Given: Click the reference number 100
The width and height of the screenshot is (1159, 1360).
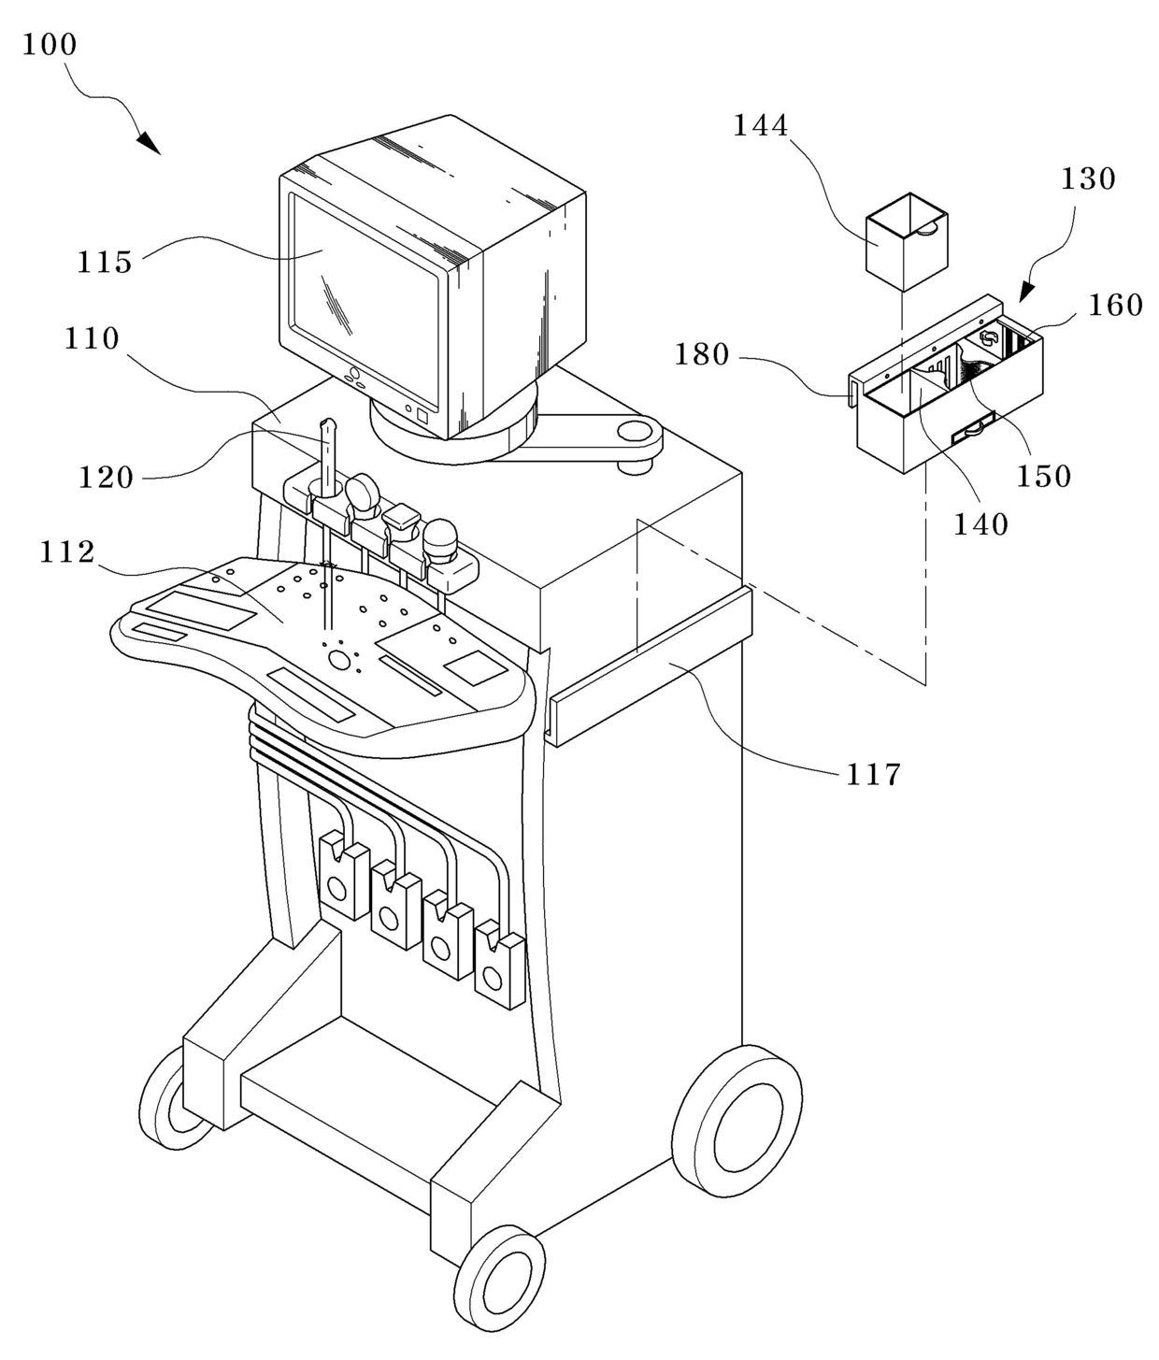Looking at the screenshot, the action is [x=50, y=45].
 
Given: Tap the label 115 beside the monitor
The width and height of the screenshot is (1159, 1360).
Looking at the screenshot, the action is [x=105, y=262].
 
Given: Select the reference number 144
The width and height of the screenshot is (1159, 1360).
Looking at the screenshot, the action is [x=761, y=125].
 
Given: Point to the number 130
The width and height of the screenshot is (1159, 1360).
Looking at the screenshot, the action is [x=1088, y=179].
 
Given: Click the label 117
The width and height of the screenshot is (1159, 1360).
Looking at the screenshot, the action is [x=872, y=775].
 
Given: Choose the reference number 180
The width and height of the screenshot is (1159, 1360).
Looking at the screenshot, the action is [x=702, y=354].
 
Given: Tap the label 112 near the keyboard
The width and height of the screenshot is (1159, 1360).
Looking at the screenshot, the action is [x=67, y=552].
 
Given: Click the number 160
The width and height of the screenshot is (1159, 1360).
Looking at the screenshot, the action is [x=1116, y=305].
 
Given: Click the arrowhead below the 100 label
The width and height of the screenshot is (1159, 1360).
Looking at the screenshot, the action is [x=150, y=142].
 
